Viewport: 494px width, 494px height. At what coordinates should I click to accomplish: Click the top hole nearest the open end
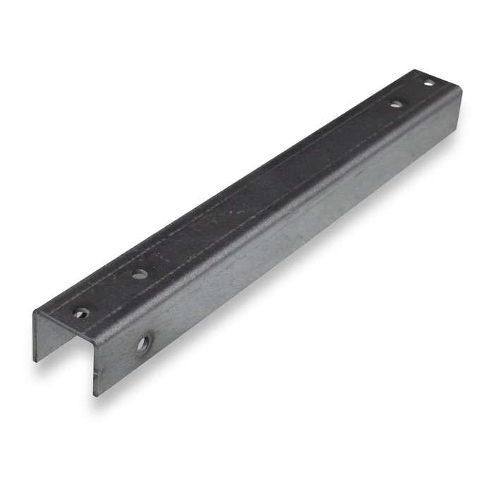point(82,313)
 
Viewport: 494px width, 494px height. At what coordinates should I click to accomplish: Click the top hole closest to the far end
point(428,83)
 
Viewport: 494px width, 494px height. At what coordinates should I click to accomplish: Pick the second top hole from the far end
point(397,104)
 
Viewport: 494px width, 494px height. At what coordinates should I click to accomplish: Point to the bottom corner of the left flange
point(34,361)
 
